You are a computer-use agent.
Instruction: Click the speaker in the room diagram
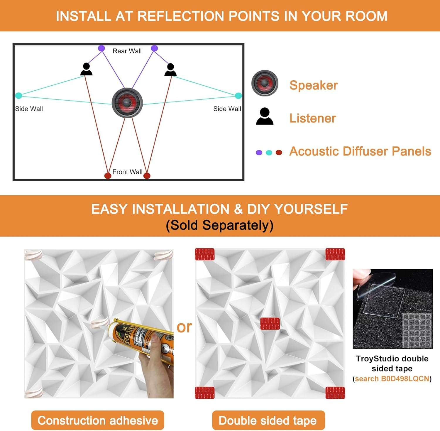(x=127, y=103)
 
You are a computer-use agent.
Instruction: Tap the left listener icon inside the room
(x=86, y=69)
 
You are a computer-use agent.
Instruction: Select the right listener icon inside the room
(x=170, y=70)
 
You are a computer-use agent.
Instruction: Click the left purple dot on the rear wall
(x=101, y=48)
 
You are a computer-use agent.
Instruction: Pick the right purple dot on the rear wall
(x=154, y=48)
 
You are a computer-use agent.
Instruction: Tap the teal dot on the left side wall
(x=18, y=95)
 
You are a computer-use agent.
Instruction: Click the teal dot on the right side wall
(x=238, y=95)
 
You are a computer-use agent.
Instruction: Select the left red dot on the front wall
(x=108, y=175)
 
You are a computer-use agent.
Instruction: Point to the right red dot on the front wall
(x=147, y=175)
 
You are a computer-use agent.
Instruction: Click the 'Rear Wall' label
(x=127, y=51)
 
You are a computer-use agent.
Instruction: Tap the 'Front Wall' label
(x=127, y=172)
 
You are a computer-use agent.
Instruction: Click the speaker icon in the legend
(x=265, y=83)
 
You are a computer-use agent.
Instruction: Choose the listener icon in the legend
(x=265, y=116)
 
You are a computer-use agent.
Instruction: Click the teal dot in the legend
(x=269, y=153)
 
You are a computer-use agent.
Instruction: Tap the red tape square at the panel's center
(x=270, y=324)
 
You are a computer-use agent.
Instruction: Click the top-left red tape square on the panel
(x=205, y=254)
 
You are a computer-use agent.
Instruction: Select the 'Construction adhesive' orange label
(x=98, y=420)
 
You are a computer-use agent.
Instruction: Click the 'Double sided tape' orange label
(x=268, y=420)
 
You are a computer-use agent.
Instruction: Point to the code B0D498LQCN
(x=405, y=379)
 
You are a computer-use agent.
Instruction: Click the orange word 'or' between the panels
(x=184, y=327)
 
